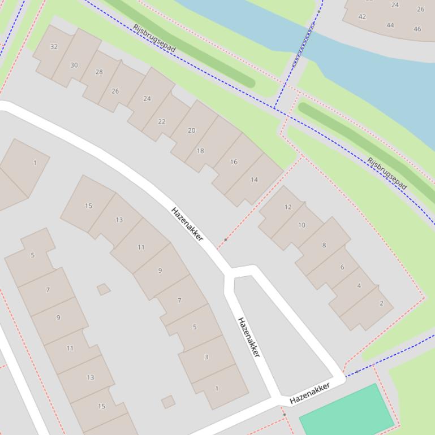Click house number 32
click(54, 47)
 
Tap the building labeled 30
click(74, 65)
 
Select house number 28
click(99, 72)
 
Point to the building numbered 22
click(162, 121)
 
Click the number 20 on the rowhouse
click(191, 130)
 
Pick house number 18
click(200, 151)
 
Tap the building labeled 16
click(234, 162)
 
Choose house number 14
click(254, 180)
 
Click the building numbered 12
click(288, 207)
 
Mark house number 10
click(302, 225)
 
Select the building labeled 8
click(324, 245)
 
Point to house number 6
click(342, 267)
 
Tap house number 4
click(359, 285)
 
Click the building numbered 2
click(381, 303)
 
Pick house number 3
click(206, 357)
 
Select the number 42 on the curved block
click(362, 16)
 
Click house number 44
click(390, 25)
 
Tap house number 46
click(417, 29)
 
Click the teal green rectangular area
click(346, 410)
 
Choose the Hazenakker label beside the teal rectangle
click(309, 393)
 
